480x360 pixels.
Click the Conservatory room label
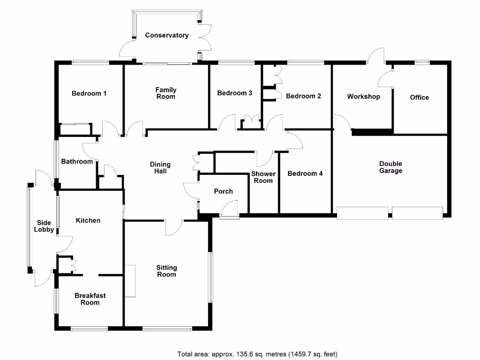(167, 35)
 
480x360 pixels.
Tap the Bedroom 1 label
(89, 93)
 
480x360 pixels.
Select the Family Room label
(165, 93)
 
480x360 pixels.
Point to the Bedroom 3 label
(234, 93)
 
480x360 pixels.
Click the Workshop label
(364, 97)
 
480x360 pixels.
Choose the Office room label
(420, 97)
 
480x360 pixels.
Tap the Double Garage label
(390, 167)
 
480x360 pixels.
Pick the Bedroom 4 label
(305, 173)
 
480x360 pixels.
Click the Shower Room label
(263, 177)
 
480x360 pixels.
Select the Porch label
(224, 191)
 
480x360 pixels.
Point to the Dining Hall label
(160, 168)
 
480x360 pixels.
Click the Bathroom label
(77, 161)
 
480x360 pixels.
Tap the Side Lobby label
(44, 226)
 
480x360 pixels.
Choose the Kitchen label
(88, 220)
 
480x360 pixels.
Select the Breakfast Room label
(90, 299)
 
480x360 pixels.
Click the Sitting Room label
(166, 271)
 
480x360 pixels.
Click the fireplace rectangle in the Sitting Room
(130, 281)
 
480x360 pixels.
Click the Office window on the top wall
(422, 62)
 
